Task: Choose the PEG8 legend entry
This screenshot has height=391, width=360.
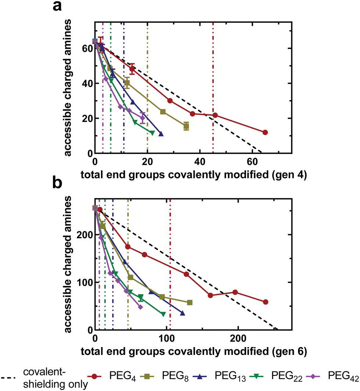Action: point(174,376)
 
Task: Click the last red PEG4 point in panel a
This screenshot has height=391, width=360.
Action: point(265,132)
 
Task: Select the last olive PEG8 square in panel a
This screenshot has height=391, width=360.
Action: point(186,126)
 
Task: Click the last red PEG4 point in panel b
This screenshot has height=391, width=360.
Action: point(266,302)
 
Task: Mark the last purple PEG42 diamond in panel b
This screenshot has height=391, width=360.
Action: point(140,307)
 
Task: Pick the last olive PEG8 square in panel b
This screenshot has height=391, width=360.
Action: point(190,303)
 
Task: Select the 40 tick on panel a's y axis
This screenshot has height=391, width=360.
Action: point(86,83)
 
